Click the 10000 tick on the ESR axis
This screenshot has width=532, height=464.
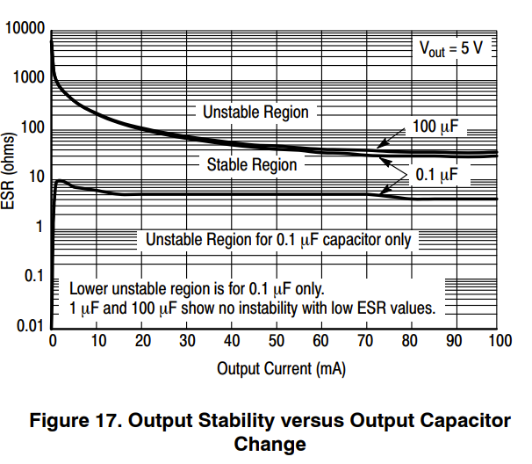pyautogui.click(x=25, y=29)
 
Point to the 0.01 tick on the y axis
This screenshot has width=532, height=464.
pyautogui.click(x=30, y=327)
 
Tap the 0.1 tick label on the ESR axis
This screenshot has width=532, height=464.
pyautogui.click(x=33, y=277)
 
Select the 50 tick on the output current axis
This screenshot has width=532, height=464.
pyautogui.click(x=277, y=341)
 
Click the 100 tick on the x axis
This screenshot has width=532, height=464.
pyautogui.click(x=498, y=341)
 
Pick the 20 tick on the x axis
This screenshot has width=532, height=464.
pyautogui.click(x=142, y=341)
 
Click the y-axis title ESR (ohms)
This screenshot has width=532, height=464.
pyautogui.click(x=10, y=178)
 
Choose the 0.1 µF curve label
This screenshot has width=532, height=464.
pyautogui.click(x=436, y=176)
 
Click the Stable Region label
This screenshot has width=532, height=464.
pyautogui.click(x=252, y=164)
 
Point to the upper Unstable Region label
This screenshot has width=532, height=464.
pyautogui.click(x=255, y=112)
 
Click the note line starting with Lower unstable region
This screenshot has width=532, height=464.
pyautogui.click(x=197, y=287)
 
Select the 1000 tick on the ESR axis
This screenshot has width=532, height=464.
pyautogui.click(x=28, y=77)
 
